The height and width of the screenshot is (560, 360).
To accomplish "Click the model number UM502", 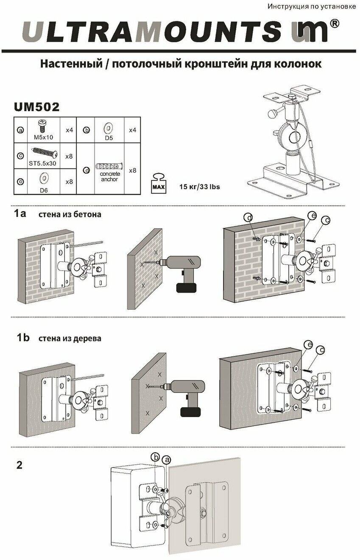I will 36,107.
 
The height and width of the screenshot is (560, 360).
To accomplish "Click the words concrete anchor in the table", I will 110,176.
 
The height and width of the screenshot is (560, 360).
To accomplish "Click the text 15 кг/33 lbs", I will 200,187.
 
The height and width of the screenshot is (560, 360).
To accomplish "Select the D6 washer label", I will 43,190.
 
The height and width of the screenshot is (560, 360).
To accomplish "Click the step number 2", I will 19,465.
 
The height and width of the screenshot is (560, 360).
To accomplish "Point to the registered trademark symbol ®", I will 334,25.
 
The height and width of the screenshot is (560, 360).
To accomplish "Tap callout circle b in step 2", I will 156,457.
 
